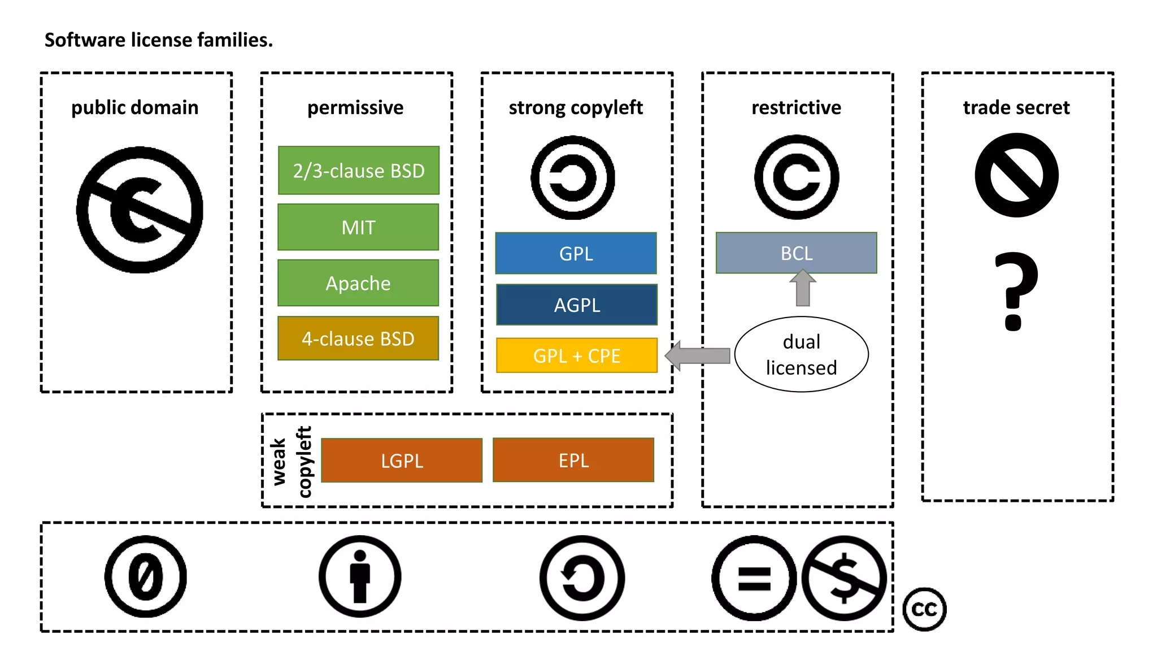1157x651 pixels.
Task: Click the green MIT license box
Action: click(358, 227)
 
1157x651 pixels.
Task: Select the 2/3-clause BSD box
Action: click(358, 170)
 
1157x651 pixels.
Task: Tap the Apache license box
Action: click(358, 283)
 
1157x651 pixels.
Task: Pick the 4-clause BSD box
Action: click(358, 338)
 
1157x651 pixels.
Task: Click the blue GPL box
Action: click(576, 253)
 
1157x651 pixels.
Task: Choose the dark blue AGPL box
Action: click(576, 305)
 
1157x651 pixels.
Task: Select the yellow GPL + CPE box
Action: click(576, 355)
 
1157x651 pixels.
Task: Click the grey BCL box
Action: click(796, 253)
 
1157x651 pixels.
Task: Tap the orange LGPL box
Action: click(402, 460)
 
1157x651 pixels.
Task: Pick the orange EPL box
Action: click(573, 460)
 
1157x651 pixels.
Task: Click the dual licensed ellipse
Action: click(801, 354)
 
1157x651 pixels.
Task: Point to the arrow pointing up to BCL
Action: click(802, 288)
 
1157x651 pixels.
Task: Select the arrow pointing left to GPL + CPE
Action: click(698, 355)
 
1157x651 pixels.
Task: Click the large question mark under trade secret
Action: click(1015, 291)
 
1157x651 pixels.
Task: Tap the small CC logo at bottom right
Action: click(924, 609)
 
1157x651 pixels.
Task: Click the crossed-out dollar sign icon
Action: click(844, 578)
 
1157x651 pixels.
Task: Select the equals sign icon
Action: click(754, 578)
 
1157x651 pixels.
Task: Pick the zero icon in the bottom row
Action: click(145, 576)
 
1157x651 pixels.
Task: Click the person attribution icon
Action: click(360, 576)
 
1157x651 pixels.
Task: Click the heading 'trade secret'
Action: click(1016, 107)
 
